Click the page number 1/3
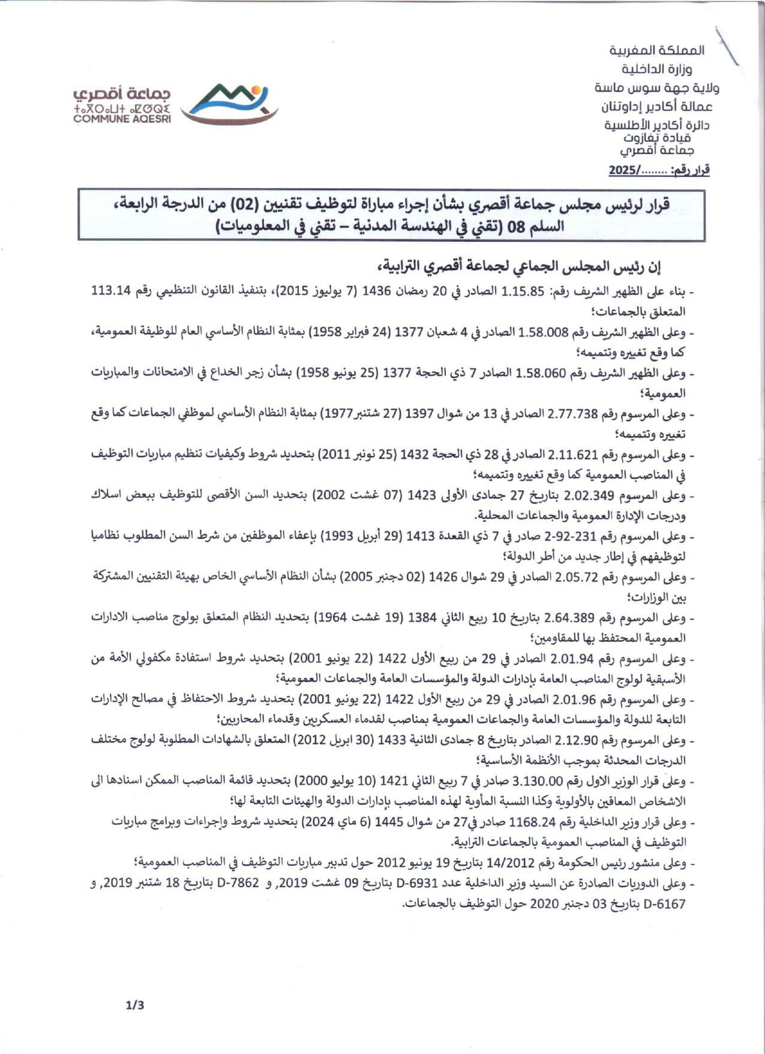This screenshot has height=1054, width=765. (135, 1005)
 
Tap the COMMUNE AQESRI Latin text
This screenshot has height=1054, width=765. (122, 119)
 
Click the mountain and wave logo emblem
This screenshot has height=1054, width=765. (229, 103)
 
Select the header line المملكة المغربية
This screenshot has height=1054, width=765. (657, 50)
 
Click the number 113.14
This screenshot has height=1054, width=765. (111, 291)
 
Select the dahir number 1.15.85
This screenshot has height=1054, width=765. (523, 292)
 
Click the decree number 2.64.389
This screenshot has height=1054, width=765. (569, 618)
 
